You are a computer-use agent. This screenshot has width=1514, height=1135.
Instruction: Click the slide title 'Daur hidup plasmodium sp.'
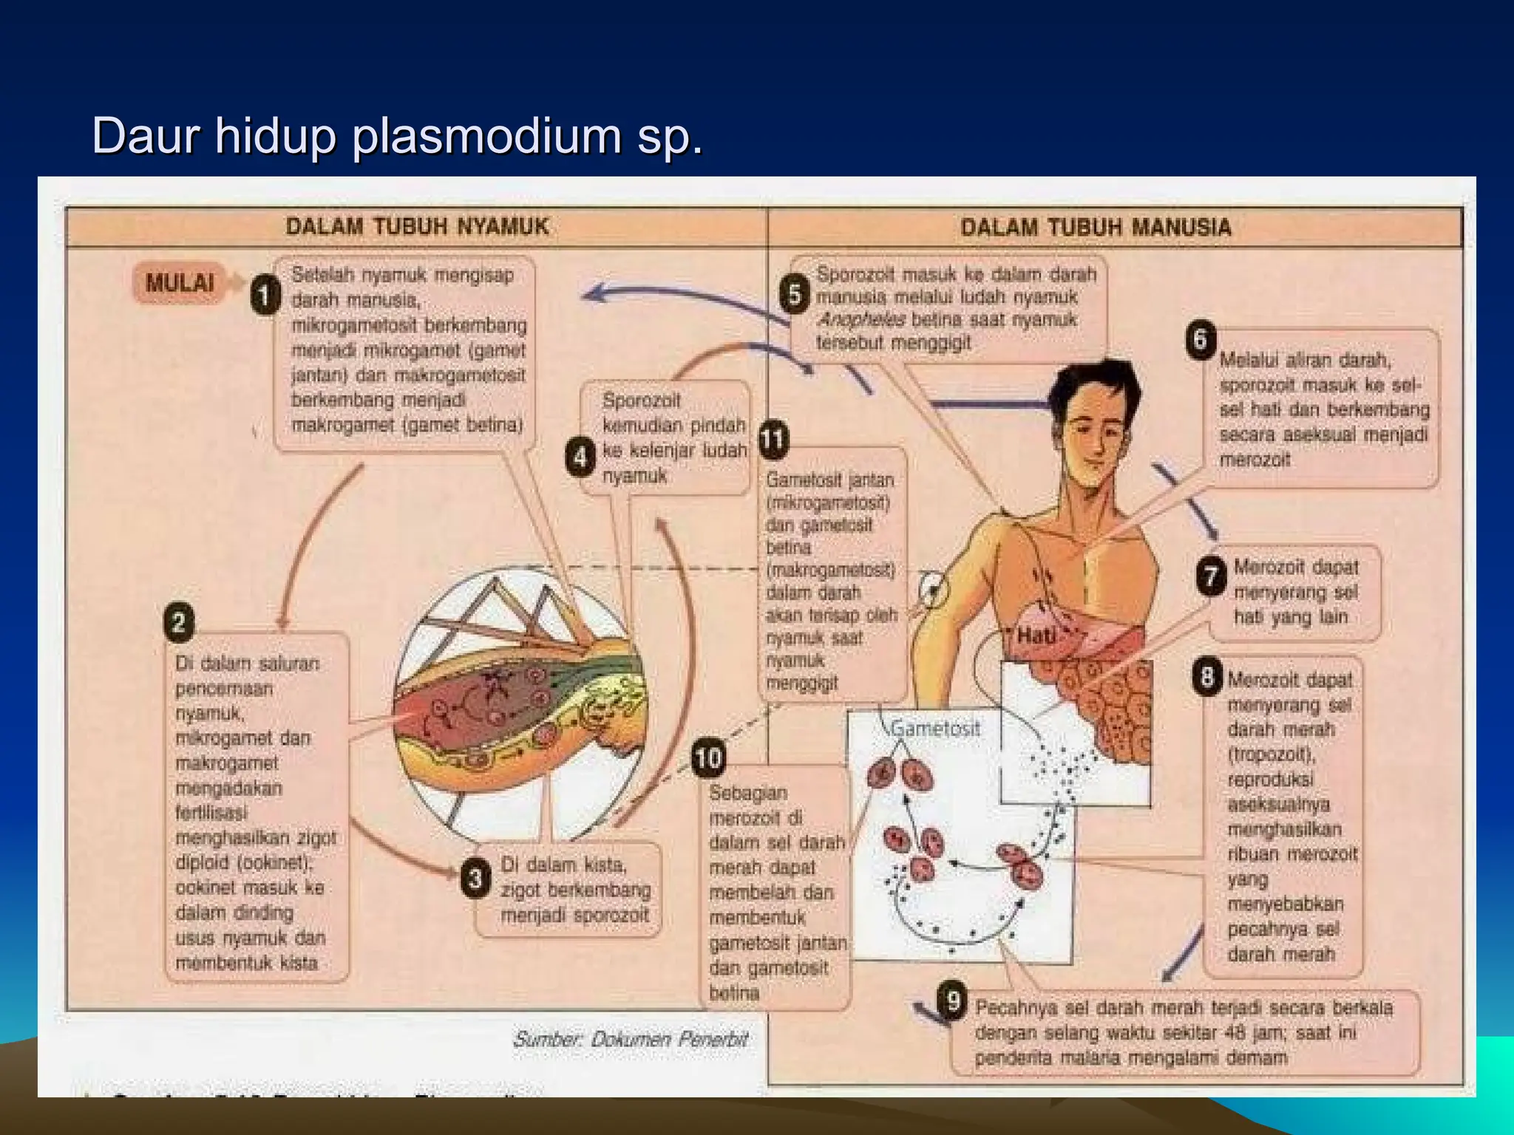click(x=397, y=136)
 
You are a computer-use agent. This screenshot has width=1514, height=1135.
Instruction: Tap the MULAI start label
click(x=180, y=282)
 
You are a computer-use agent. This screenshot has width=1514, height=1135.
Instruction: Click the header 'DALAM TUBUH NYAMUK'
click(x=417, y=226)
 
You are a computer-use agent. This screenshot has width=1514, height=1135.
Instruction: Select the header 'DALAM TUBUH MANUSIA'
click(x=1096, y=227)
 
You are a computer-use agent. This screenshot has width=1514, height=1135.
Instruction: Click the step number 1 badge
click(x=264, y=296)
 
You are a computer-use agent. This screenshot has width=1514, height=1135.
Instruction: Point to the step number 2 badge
click(x=179, y=622)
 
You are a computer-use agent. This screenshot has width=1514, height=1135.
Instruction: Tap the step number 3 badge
click(x=475, y=878)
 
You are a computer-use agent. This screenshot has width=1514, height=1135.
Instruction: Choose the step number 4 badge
click(x=580, y=457)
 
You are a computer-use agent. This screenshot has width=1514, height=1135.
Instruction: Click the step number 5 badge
click(x=795, y=294)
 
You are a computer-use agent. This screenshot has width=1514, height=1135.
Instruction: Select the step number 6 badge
click(x=1201, y=340)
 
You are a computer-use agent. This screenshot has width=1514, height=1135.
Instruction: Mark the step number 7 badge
click(x=1211, y=576)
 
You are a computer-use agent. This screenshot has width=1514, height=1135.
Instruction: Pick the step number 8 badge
click(x=1207, y=676)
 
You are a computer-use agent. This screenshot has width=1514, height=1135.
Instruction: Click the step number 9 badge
click(x=953, y=1002)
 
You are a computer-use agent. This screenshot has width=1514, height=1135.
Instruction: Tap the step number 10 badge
click(x=707, y=758)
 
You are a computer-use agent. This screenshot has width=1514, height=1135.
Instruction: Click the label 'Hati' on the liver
click(x=1035, y=635)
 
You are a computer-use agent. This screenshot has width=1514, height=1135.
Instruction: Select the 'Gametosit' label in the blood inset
click(x=934, y=729)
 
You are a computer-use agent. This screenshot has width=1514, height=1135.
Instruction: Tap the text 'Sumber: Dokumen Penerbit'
click(x=631, y=1040)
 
